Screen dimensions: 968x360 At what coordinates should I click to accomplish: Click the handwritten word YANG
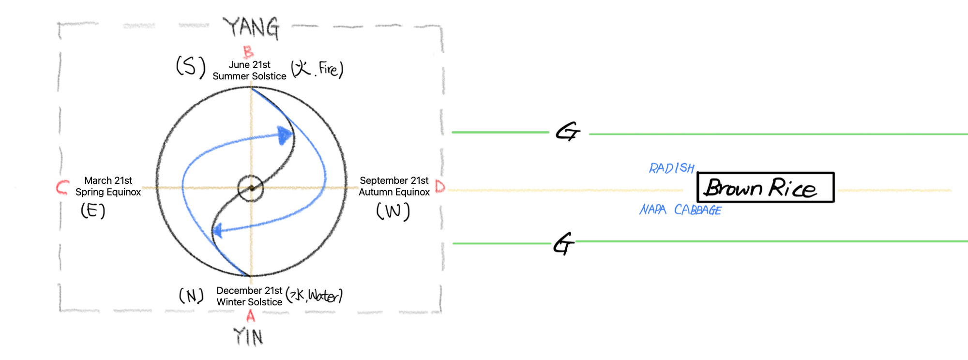pyautogui.click(x=251, y=28)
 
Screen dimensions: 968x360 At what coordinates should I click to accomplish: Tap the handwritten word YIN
pyautogui.click(x=248, y=336)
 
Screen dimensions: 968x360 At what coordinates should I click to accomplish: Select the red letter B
pyautogui.click(x=248, y=51)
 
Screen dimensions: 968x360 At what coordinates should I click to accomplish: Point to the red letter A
pyautogui.click(x=250, y=316)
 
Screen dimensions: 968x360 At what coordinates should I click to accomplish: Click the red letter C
pyautogui.click(x=62, y=187)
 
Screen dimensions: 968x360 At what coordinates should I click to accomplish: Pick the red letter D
pyautogui.click(x=440, y=186)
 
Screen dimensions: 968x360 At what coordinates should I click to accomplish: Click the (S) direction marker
pyautogui.click(x=191, y=66)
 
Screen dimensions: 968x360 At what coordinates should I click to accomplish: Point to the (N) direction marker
pyautogui.click(x=191, y=296)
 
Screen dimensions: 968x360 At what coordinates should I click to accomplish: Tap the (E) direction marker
pyautogui.click(x=93, y=210)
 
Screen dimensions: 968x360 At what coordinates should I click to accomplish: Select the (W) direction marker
pyautogui.click(x=393, y=211)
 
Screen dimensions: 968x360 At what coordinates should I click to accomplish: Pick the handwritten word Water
pyautogui.click(x=323, y=295)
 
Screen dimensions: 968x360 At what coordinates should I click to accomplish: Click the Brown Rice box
pyautogui.click(x=765, y=187)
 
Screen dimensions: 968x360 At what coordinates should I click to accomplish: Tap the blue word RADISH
pyautogui.click(x=672, y=168)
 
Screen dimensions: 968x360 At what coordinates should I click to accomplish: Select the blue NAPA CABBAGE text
pyautogui.click(x=680, y=210)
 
